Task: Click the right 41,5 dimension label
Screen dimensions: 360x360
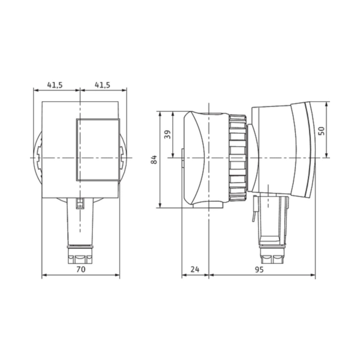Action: coord(103,85)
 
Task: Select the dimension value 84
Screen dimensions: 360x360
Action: coord(154,159)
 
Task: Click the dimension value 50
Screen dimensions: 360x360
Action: coord(321,131)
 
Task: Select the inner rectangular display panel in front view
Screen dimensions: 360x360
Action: coord(97,149)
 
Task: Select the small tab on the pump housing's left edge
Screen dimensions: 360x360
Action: coord(182,157)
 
